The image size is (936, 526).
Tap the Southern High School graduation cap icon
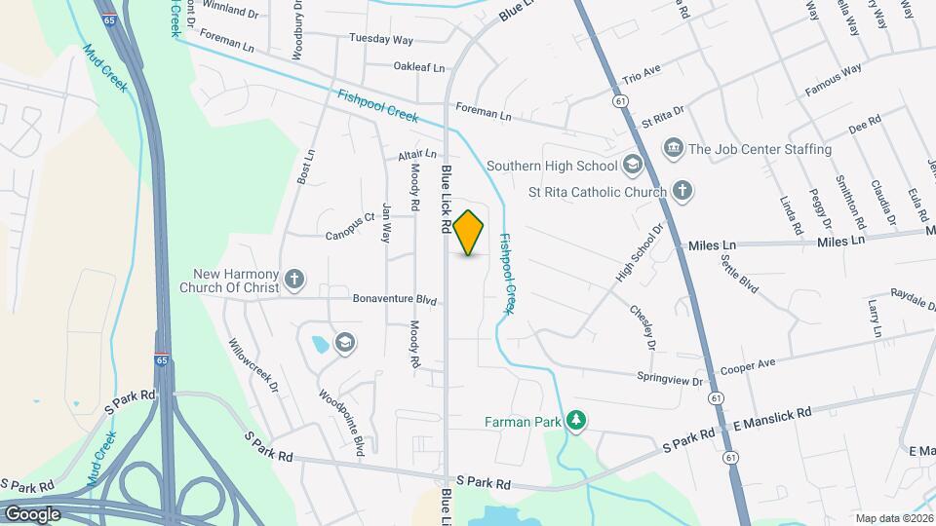click(633, 165)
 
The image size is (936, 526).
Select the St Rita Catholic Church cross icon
click(683, 191)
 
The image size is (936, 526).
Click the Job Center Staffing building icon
click(673, 148)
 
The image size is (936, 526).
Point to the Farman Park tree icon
click(577, 420)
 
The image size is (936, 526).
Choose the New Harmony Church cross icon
click(294, 282)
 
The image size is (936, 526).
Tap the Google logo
click(31, 513)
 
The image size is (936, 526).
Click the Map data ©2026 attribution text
click(894, 518)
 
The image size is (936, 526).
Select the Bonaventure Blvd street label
click(394, 300)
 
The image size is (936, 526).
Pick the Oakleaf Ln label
click(418, 67)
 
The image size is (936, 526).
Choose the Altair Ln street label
click(417, 155)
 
